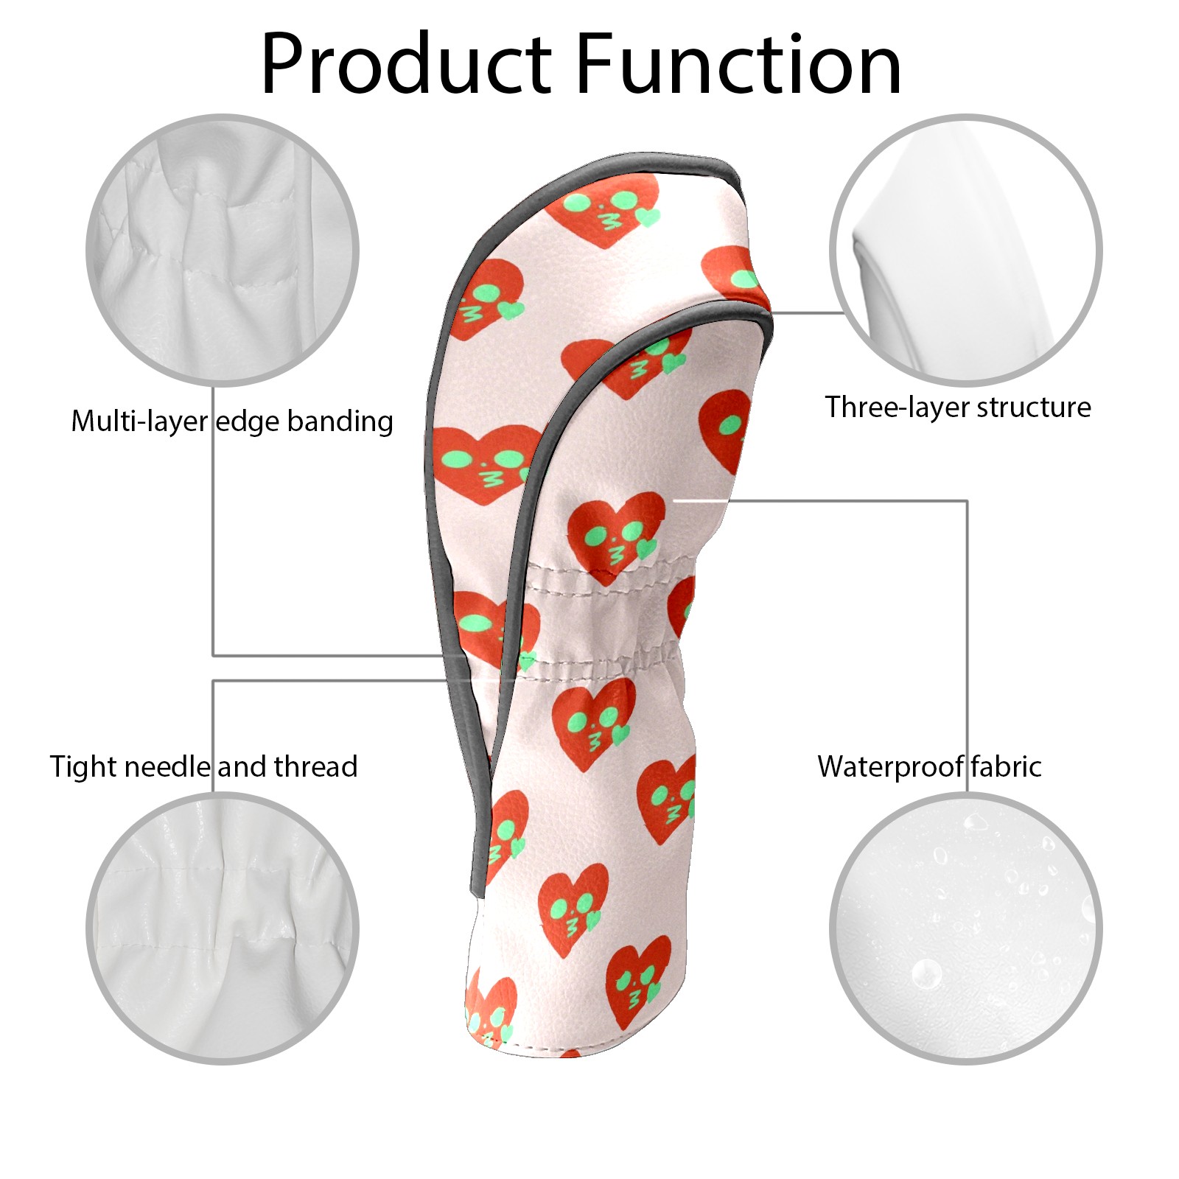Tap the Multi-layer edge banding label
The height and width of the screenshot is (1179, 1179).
click(232, 421)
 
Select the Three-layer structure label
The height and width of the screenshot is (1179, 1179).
click(958, 407)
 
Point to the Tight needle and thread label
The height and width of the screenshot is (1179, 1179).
click(203, 767)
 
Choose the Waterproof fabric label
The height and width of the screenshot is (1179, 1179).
click(929, 767)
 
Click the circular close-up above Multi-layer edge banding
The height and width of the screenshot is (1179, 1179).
click(223, 250)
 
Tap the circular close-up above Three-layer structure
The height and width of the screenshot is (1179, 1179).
click(966, 250)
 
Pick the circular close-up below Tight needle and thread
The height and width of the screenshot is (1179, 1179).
click(223, 928)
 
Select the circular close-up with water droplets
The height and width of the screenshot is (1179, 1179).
click(966, 928)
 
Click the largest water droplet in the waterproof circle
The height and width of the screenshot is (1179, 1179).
click(926, 974)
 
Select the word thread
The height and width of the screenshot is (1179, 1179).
click(316, 767)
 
